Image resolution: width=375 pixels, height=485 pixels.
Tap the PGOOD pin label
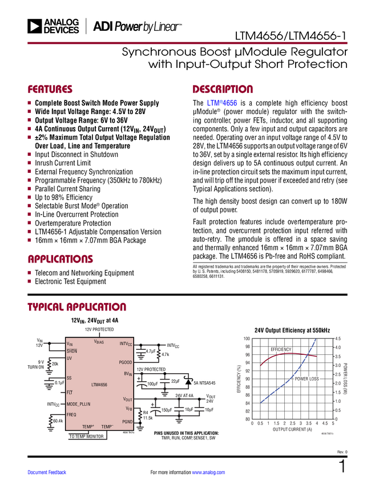pyautogui.click(x=126, y=362)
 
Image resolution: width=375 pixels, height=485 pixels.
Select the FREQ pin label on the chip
pyautogui.click(x=71, y=415)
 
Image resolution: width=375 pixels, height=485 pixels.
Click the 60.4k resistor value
pyautogui.click(x=57, y=421)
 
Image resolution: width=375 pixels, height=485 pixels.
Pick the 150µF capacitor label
pyautogui.click(x=166, y=410)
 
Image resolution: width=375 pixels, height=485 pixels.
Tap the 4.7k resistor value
pyautogui.click(x=166, y=354)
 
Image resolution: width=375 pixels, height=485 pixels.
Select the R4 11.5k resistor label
pyautogui.click(x=147, y=415)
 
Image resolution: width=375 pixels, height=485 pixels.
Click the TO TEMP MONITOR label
pyautogui.click(x=87, y=436)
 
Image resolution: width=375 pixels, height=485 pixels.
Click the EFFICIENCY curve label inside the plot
pyautogui.click(x=281, y=349)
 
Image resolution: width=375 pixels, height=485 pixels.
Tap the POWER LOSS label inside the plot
pyautogui.click(x=307, y=379)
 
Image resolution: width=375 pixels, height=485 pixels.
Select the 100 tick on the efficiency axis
pyautogui.click(x=247, y=338)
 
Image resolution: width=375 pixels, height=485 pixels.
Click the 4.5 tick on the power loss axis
pyautogui.click(x=337, y=338)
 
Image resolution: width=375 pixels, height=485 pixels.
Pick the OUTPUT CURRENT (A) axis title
pyautogui.click(x=292, y=429)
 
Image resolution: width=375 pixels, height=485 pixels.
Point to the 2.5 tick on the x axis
pyautogui.click(x=292, y=423)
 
